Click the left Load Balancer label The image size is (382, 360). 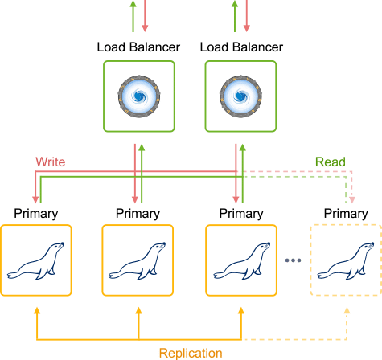tap(138, 47)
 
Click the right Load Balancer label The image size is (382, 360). tap(241, 47)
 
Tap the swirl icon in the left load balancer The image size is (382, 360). tap(139, 96)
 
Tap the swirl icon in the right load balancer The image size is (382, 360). tap(240, 96)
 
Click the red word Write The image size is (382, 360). tap(51, 162)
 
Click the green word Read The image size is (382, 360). tap(331, 162)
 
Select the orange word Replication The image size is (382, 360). tap(191, 353)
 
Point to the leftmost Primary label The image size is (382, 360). tap(36, 214)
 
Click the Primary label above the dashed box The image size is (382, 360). tap(346, 214)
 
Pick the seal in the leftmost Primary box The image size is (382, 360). tap(35, 260)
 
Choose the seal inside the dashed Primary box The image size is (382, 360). tap(346, 260)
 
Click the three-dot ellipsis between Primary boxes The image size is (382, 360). tap(293, 260)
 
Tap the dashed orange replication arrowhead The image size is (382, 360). tap(347, 311)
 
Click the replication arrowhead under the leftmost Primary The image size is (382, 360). tap(37, 311)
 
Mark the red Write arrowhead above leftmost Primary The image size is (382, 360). tap(35, 200)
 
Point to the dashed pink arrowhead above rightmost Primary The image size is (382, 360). tap(352, 200)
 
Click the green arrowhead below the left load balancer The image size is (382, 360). tap(142, 147)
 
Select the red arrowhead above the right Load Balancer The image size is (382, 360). tap(247, 28)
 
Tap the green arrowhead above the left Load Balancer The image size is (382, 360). tap(133, 3)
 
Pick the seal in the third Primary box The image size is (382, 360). tap(241, 260)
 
